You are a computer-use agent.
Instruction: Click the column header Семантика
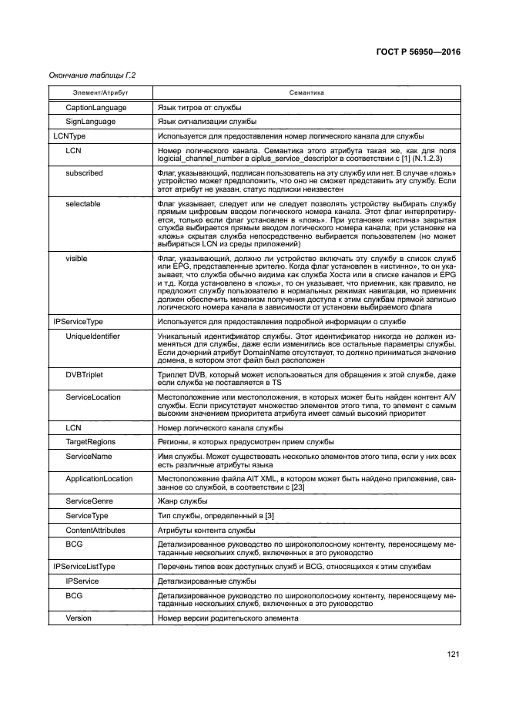pos(306,92)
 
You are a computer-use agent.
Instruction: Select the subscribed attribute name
pos(84,173)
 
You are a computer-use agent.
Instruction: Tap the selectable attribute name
pos(83,203)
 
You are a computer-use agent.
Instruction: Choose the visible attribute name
pos(76,258)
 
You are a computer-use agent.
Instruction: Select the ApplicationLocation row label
pos(99,478)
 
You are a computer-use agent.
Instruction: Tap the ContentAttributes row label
pos(95,530)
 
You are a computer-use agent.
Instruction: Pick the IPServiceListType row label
pos(83,566)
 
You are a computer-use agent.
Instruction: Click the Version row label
pos(79,618)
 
